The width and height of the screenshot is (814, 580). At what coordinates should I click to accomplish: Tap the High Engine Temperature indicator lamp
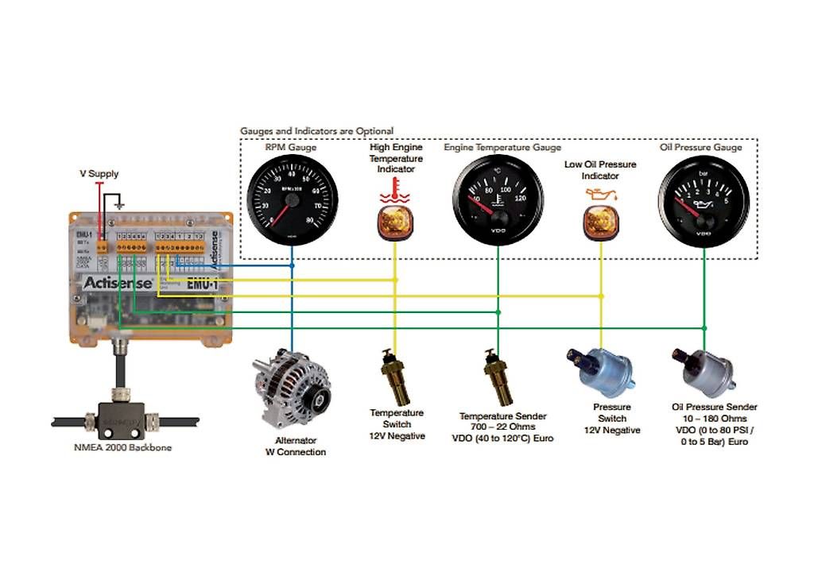(395, 220)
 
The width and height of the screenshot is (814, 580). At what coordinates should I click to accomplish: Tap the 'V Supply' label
(99, 173)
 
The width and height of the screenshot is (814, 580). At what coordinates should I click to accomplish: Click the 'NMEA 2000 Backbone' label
(122, 447)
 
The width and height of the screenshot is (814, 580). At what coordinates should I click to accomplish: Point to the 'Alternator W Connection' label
(295, 446)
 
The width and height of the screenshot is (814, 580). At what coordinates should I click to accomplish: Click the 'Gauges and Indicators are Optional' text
(316, 130)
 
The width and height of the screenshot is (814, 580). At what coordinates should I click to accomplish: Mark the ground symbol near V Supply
(119, 204)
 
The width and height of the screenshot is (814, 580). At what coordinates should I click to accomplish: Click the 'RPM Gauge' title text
(291, 147)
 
